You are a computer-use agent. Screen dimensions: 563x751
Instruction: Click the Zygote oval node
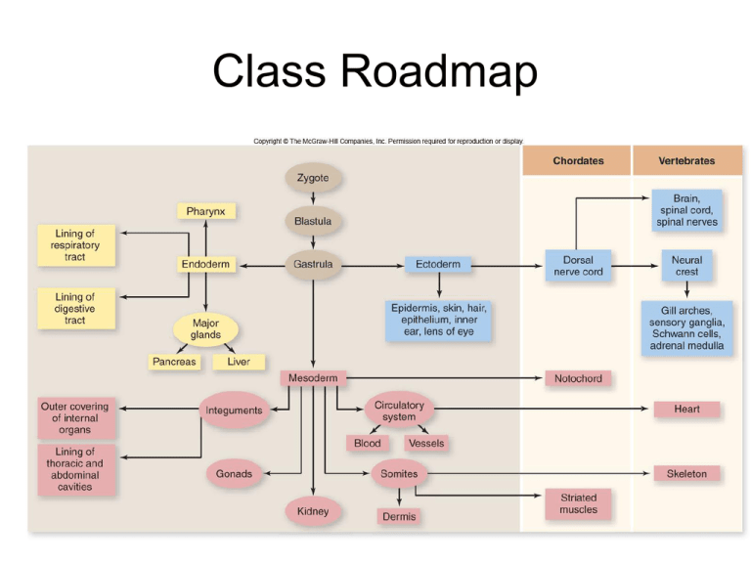coord(313,178)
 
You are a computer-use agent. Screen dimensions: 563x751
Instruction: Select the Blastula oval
coord(313,221)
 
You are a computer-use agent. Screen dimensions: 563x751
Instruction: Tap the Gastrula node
coord(313,264)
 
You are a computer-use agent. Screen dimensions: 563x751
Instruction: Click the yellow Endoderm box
coord(205,265)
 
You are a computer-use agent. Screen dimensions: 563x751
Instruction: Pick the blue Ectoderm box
coord(437,265)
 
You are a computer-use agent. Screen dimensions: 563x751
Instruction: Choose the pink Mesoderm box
coord(313,378)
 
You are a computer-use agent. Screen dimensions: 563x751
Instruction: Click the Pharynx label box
coord(205,211)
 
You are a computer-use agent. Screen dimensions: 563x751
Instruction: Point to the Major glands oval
coord(205,328)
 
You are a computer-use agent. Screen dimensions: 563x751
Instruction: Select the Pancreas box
coord(174,362)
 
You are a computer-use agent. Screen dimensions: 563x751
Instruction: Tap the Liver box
coord(239,362)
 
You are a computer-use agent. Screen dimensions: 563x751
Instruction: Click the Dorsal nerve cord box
coord(578,266)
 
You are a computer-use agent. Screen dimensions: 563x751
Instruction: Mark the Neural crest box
coord(686,266)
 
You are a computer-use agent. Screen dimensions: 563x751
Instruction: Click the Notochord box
coord(578,378)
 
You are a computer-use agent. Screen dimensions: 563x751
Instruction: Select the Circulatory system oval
coord(399,411)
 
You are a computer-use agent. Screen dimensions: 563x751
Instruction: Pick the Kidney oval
coord(313,511)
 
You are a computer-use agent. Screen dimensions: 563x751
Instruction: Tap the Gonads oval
coord(234,474)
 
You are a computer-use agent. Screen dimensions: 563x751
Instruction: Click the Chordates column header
coord(578,160)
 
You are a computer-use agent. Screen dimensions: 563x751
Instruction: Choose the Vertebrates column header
coord(686,160)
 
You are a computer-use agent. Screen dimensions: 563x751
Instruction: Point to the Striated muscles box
coord(578,503)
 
